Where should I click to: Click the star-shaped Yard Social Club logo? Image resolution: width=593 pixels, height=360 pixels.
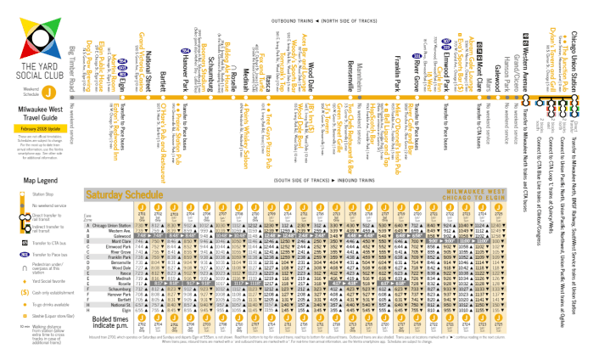(x=40, y=37)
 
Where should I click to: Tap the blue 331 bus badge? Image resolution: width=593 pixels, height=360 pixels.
(x=417, y=56)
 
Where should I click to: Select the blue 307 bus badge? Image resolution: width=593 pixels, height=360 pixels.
(x=446, y=41)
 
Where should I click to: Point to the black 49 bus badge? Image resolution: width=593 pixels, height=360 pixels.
(x=526, y=36)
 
